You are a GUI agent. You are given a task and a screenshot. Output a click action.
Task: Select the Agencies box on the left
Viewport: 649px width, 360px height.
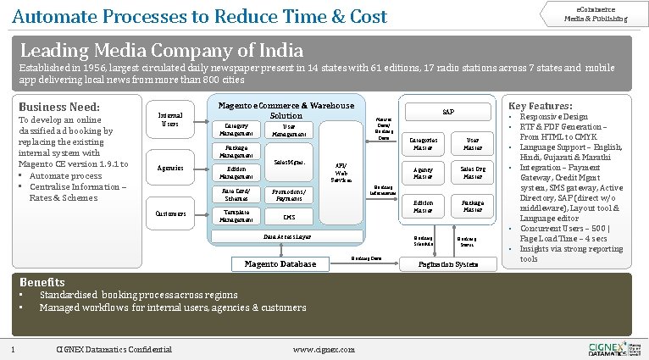click(x=170, y=168)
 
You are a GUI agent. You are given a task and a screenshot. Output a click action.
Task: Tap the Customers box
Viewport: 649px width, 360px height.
click(x=170, y=213)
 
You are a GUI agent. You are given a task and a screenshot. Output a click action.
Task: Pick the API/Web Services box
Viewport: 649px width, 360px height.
click(x=341, y=172)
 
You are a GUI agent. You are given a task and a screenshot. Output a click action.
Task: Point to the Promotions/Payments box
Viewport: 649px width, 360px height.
click(x=288, y=195)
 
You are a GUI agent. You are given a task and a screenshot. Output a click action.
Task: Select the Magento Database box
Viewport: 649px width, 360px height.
click(x=280, y=263)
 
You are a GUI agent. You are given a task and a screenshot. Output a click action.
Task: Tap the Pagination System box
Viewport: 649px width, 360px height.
click(x=447, y=264)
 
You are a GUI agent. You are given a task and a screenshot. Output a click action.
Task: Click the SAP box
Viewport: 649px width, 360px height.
click(x=447, y=112)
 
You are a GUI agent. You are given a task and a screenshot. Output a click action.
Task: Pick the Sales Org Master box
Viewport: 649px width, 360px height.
click(x=472, y=173)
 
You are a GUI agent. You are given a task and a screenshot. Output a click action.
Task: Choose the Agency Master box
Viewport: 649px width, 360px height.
click(x=422, y=173)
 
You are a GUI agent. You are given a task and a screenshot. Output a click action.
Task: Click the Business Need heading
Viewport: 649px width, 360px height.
click(x=59, y=108)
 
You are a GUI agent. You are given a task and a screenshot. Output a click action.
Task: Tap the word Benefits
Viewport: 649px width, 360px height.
click(x=42, y=281)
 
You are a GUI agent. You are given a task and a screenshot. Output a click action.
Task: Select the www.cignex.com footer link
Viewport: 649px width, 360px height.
click(x=318, y=349)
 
